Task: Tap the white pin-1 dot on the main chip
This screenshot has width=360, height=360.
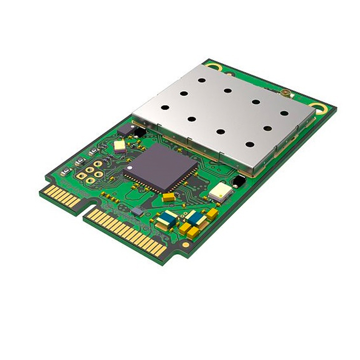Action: tap(129, 167)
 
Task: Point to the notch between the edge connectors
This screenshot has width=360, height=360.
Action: tap(84, 211)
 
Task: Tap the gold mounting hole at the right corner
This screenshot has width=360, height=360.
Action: tap(321, 108)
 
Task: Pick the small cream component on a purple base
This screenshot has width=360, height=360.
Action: tap(119, 146)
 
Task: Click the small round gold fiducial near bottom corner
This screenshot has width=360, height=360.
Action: tap(185, 244)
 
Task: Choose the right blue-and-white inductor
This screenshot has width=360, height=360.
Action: tap(195, 218)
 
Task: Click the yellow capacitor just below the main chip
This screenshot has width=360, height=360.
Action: tap(168, 197)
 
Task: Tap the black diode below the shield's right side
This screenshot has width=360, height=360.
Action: tap(238, 181)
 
